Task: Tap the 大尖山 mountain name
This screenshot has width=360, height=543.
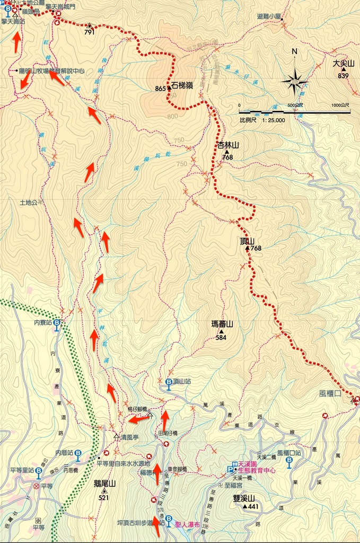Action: [343, 64]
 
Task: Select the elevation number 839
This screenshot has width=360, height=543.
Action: [343, 76]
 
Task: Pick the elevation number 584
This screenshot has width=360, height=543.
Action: [221, 337]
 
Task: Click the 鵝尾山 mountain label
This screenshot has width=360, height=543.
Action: [104, 483]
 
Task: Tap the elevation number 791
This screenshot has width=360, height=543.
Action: [89, 32]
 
